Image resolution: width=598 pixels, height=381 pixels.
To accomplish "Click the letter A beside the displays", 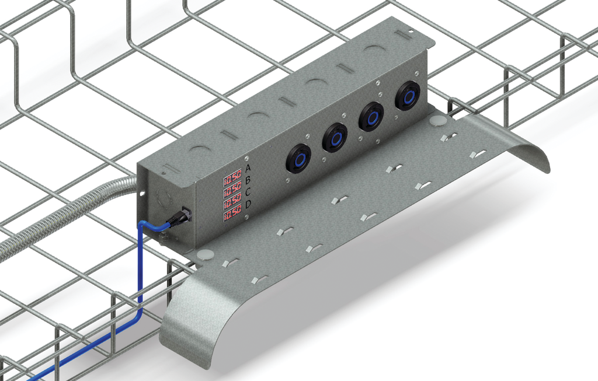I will (x=248, y=168).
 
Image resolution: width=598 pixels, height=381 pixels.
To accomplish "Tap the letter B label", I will (x=248, y=180).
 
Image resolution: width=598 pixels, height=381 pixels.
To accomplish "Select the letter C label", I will (x=248, y=192).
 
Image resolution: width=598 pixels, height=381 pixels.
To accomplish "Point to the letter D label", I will (x=248, y=204).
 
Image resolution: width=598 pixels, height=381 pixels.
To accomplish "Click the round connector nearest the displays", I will (x=298, y=158).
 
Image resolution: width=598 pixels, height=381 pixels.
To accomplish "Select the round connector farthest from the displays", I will (x=408, y=95).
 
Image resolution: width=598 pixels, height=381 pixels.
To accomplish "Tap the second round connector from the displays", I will (x=335, y=137).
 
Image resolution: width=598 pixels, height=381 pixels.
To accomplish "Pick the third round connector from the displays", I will (x=371, y=116).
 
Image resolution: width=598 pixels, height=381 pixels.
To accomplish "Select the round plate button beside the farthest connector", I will (x=437, y=121).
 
